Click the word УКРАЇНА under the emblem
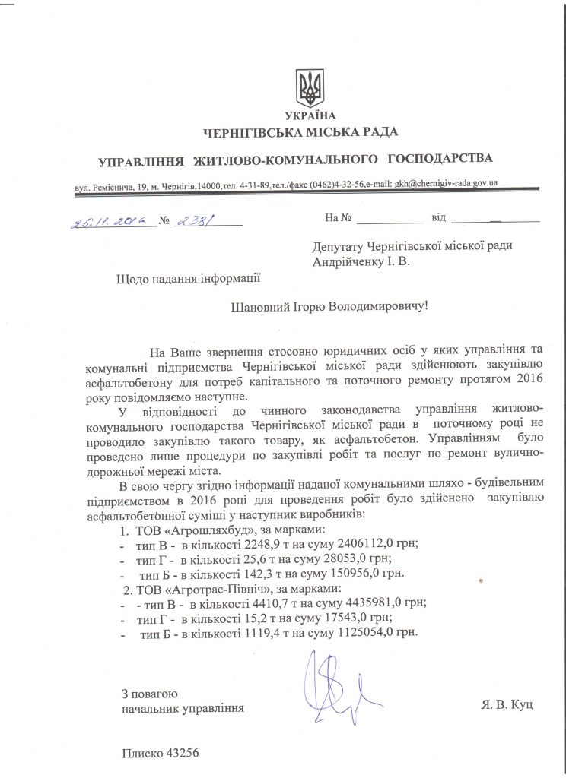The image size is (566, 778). (310, 116)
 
